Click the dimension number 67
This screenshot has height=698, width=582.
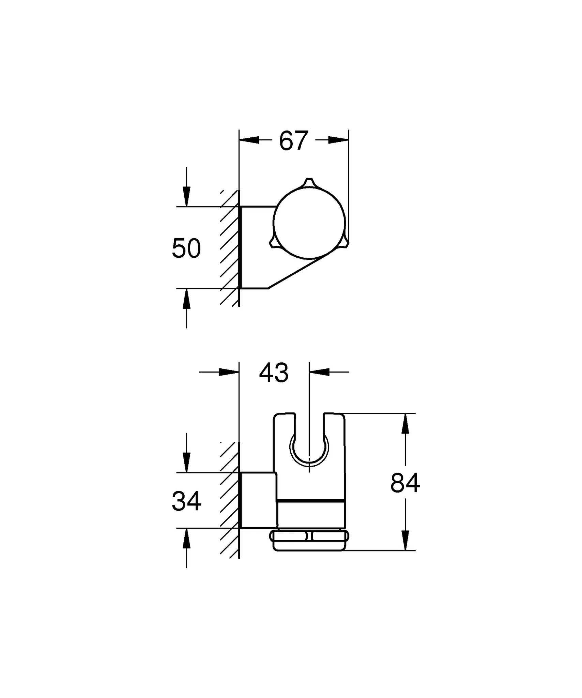(x=293, y=141)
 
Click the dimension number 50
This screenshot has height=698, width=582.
(x=186, y=248)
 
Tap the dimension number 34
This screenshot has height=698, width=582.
(x=186, y=501)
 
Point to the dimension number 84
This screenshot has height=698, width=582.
(x=405, y=483)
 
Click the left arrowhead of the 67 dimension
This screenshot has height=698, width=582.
(x=249, y=140)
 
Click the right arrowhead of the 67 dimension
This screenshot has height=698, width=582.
(x=339, y=140)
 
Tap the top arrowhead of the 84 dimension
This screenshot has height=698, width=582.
(x=405, y=424)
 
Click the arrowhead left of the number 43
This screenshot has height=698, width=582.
(x=229, y=372)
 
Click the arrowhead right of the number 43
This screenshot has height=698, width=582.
(x=320, y=372)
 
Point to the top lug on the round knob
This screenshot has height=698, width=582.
(x=309, y=183)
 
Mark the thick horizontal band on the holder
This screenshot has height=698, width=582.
(x=310, y=501)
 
